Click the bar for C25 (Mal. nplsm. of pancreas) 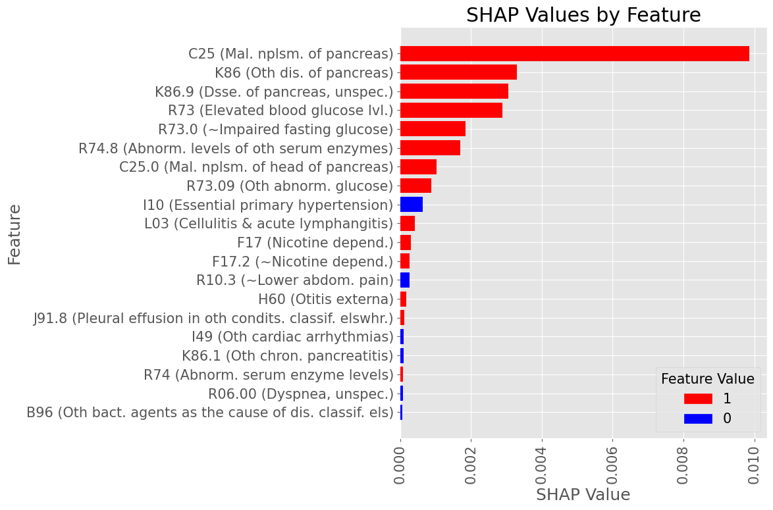[574, 54]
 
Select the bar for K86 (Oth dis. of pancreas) [458, 72]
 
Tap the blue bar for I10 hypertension [412, 205]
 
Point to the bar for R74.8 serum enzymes [430, 148]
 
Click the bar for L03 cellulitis [408, 224]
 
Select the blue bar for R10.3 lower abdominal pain [405, 280]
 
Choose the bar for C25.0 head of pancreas [418, 167]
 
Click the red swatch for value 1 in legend [698, 399]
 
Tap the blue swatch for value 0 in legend [698, 419]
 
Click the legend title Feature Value [707, 379]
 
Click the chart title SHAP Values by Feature [583, 15]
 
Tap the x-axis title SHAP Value [583, 495]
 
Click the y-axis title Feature [14, 234]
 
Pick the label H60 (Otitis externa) [325, 299]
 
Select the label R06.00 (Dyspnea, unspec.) [300, 394]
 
